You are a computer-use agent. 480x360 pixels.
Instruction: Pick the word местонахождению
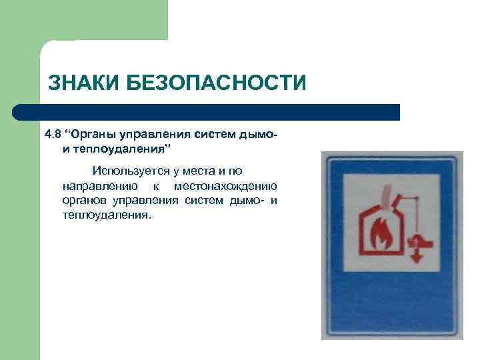[225, 186]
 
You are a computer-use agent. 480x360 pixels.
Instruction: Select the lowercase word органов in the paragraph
[87, 201]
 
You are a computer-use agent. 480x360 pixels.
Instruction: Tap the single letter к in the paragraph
[155, 186]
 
